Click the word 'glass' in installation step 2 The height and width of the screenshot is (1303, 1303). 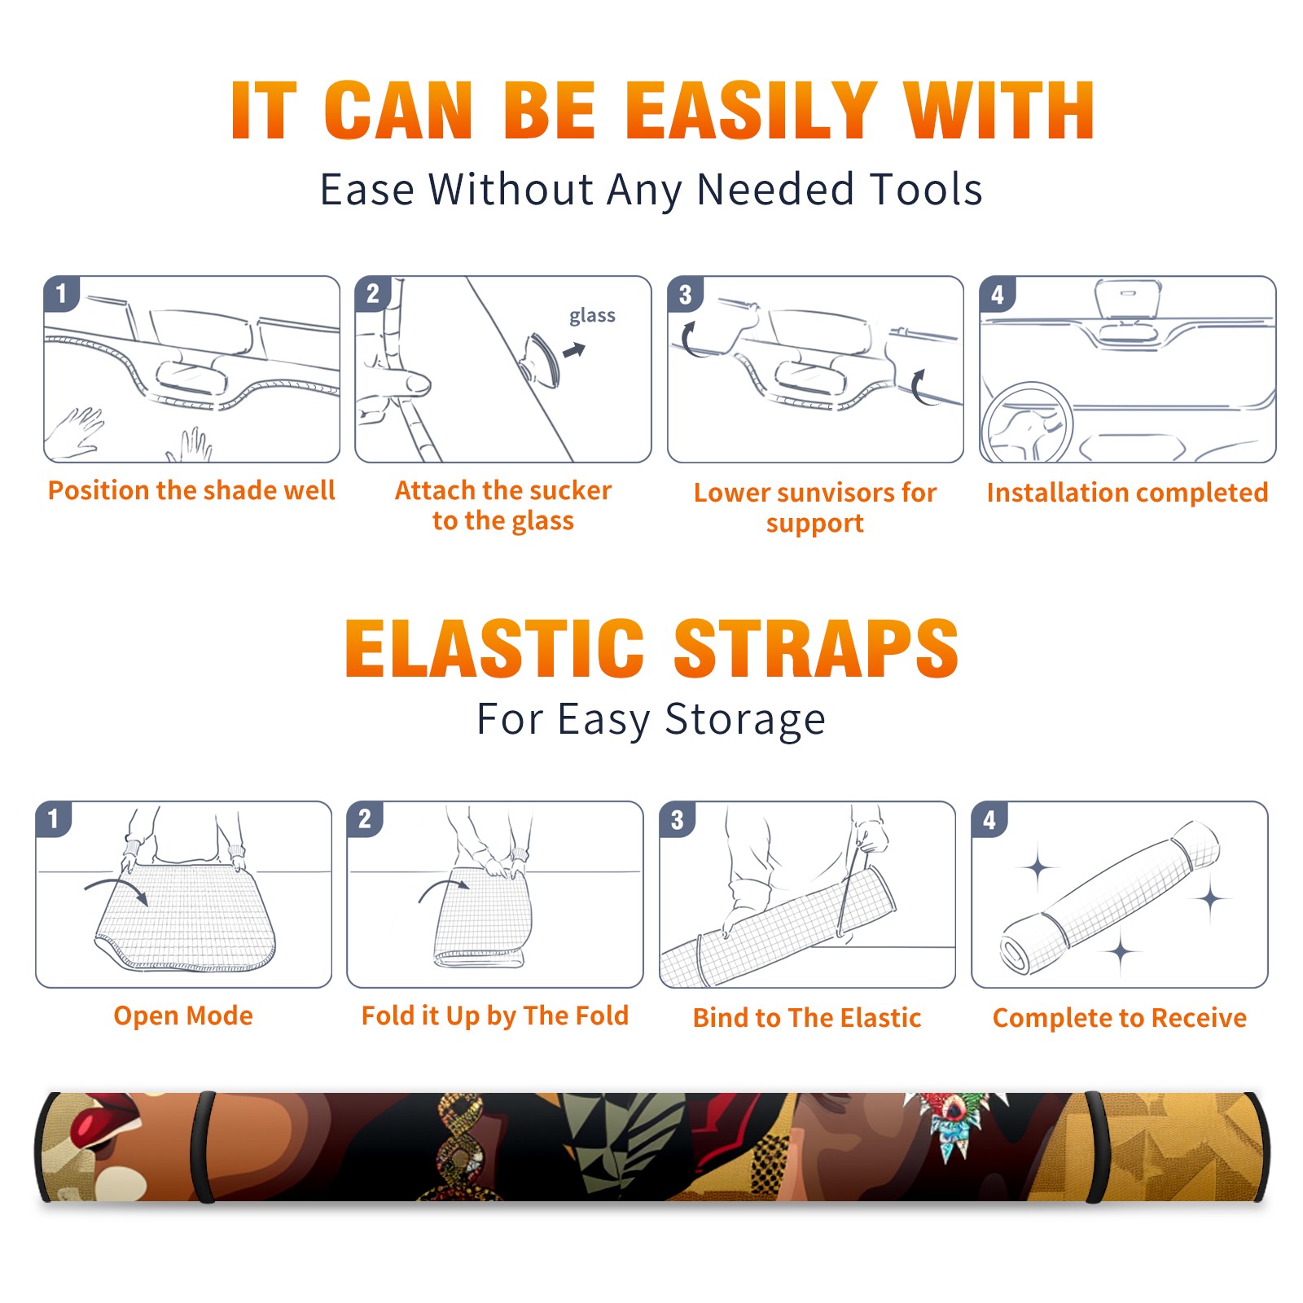pos(592,316)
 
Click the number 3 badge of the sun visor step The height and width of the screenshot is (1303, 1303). pos(685,294)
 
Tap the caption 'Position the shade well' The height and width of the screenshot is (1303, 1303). pos(191,490)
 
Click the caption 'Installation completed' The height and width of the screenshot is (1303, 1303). pos(1127,493)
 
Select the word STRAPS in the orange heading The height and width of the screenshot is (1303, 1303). pos(817,648)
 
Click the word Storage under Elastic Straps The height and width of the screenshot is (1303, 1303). pos(745,720)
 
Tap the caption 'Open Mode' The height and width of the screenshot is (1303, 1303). pos(183,1016)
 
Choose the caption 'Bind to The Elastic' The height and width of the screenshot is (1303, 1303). pos(807,1018)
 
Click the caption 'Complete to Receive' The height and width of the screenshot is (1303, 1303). pos(1120,1018)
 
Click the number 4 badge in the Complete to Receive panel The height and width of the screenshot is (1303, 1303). pos(989,819)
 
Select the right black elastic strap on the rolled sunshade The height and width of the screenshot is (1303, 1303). pos(1099,1147)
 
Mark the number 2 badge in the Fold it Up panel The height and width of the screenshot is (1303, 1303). pos(365,819)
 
